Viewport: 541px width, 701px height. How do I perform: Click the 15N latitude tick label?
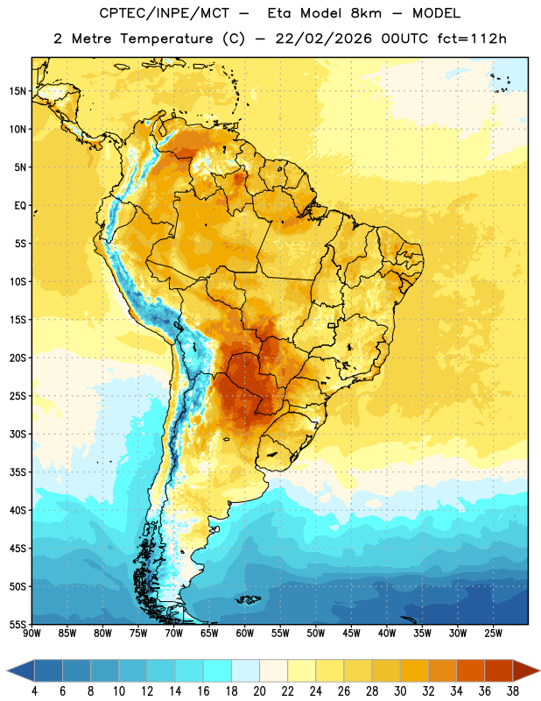(18, 91)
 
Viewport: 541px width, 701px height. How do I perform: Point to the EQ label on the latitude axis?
(20, 206)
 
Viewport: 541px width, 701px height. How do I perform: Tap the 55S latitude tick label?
(18, 624)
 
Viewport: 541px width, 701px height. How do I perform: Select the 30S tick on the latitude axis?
(18, 434)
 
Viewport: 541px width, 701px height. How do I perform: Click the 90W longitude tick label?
(32, 634)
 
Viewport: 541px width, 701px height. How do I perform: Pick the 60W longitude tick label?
(245, 634)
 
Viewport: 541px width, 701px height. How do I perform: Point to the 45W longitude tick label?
(351, 634)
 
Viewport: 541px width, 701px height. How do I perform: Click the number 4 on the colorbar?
(34, 691)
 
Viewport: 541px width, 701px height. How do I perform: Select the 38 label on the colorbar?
(513, 691)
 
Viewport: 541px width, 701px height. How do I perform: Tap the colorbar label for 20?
(259, 691)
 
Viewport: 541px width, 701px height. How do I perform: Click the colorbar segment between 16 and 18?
(217, 670)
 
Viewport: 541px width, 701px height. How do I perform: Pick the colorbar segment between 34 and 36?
(470, 670)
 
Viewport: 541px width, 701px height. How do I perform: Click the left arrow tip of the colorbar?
(7, 670)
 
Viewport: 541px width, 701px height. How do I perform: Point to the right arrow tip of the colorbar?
(539, 670)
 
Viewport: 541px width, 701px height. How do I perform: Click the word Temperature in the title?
(166, 39)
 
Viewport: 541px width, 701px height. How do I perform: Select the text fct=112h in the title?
(472, 39)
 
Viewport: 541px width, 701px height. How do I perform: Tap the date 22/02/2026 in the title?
(323, 39)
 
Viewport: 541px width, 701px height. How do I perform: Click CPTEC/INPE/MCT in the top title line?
(165, 13)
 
